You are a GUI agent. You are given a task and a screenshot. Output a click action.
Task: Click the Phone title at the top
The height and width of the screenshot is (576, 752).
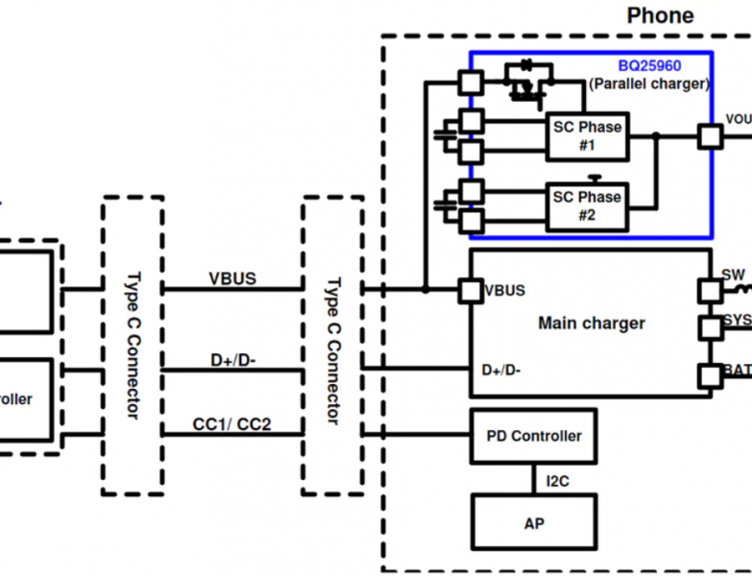coord(660,15)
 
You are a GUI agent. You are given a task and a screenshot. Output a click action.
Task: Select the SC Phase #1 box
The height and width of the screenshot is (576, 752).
coord(587,136)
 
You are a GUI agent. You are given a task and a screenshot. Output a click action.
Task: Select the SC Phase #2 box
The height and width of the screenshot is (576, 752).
coord(587,206)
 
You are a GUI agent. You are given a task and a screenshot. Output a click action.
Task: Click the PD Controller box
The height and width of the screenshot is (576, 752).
coord(533,436)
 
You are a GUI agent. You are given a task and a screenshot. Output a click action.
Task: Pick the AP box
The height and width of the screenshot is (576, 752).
coord(533,523)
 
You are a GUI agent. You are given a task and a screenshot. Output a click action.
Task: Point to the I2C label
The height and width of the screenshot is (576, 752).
coord(557,480)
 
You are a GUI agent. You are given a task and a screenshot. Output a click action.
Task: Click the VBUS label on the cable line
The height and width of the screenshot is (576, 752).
coord(232,278)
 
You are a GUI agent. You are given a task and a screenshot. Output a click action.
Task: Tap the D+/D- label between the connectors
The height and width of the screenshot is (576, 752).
coord(232,360)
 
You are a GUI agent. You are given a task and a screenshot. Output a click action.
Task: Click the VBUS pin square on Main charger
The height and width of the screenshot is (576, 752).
coord(471,290)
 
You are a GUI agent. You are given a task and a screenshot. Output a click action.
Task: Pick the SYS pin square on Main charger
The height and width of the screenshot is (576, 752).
coord(711,328)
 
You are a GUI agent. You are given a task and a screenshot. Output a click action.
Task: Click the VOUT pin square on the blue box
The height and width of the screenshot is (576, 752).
coord(710,136)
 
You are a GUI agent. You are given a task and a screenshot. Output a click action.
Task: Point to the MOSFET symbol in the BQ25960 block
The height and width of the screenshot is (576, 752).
coord(523,86)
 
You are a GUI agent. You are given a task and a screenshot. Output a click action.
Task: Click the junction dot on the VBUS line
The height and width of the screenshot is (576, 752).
coord(425,289)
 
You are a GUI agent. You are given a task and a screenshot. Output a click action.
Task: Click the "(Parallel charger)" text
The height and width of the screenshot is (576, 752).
coord(649,84)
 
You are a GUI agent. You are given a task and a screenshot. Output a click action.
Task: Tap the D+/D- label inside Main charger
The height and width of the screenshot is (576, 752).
coord(501,369)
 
